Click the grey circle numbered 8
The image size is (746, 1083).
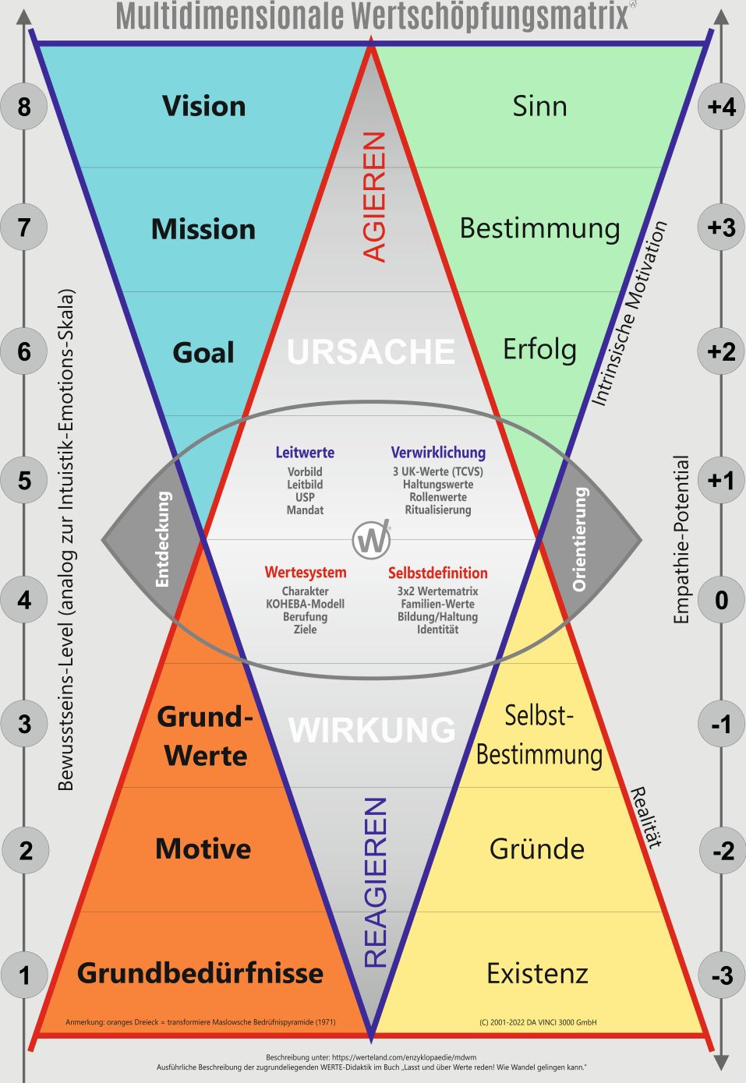point(24,105)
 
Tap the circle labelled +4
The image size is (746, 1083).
point(721,105)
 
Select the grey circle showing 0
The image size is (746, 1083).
point(721,600)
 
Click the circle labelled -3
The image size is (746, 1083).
point(721,974)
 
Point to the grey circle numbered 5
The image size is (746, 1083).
point(24,479)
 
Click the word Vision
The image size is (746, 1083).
point(203,106)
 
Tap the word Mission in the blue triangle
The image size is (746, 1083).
point(203,229)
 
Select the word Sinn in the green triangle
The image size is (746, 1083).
point(539,106)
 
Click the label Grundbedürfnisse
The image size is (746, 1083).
point(200,972)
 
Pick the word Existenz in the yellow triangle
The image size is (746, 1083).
point(537,973)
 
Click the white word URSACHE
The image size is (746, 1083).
point(371,352)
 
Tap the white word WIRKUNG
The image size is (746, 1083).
point(372,730)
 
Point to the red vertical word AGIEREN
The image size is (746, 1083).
point(375,196)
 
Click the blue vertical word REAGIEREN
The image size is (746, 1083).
point(376,882)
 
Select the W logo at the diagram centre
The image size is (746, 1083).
point(371,539)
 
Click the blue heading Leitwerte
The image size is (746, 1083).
point(305,452)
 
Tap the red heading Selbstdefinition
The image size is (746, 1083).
point(437,573)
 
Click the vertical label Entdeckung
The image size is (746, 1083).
point(162,539)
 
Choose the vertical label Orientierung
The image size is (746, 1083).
point(579,539)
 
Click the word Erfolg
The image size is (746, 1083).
point(539,350)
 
